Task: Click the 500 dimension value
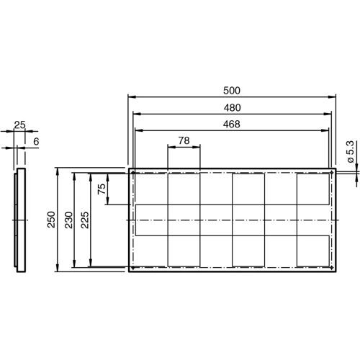(x=231, y=91)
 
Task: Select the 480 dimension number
(x=231, y=107)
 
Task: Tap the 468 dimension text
(x=231, y=124)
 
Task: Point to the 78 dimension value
(x=184, y=140)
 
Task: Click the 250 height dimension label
(x=51, y=220)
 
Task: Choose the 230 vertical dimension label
(x=68, y=220)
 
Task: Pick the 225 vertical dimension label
(x=85, y=220)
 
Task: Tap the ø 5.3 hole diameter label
(x=350, y=152)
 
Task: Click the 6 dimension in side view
(x=35, y=142)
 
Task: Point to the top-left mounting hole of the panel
(x=133, y=174)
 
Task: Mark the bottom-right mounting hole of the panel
(x=330, y=269)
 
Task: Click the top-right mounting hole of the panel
(x=330, y=174)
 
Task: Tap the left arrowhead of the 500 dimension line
(x=130, y=96)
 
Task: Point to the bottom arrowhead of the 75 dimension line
(x=107, y=203)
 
